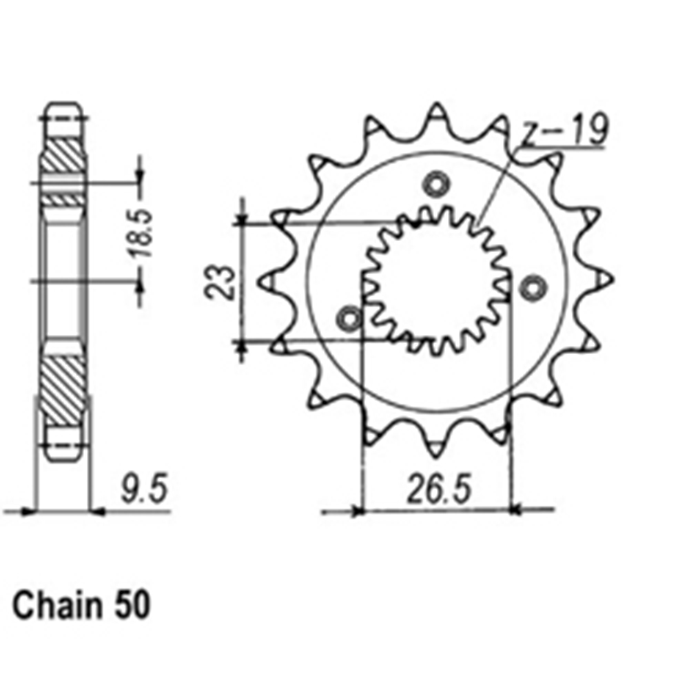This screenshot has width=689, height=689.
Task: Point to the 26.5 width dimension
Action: (439, 489)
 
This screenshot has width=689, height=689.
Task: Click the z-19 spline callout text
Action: (564, 130)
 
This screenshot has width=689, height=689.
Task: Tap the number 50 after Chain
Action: (132, 606)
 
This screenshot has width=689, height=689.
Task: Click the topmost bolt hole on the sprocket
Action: (437, 185)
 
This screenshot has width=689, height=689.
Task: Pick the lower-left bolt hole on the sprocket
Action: (349, 318)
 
